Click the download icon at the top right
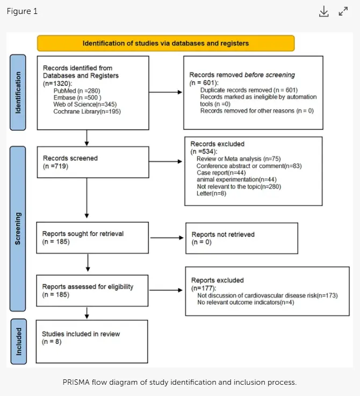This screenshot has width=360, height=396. point(323,11)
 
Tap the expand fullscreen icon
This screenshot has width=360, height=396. point(343,11)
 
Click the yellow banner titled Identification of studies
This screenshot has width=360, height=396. point(165,43)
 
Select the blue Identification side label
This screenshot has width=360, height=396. point(18,92)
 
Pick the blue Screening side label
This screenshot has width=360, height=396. point(18,228)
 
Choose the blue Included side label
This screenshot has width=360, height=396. point(19,341)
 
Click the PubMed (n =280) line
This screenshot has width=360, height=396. point(77,91)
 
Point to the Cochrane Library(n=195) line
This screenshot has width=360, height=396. point(87,111)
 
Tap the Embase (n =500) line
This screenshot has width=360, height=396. point(77,97)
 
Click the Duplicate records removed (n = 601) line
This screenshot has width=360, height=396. point(249,90)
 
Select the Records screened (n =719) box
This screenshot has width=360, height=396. point(93,162)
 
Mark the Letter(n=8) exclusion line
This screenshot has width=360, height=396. point(212,193)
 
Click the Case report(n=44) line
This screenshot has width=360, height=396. point(221,172)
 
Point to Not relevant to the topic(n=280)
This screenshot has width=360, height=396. point(239,186)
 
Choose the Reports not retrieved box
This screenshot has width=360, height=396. point(242,238)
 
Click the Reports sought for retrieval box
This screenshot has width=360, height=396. point(92,237)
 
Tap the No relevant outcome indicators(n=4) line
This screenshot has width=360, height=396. point(246,303)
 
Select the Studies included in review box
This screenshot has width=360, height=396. point(92,341)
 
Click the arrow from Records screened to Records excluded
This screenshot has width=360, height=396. point(165,161)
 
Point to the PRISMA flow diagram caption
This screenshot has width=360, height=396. point(179,382)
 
